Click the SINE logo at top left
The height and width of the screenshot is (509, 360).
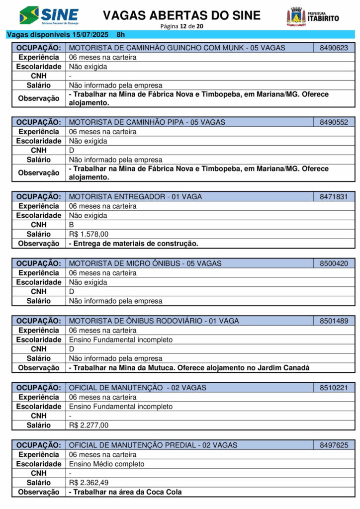(49, 15)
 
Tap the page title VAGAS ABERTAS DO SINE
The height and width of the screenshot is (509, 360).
(181, 15)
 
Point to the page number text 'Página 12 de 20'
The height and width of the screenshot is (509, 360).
(181, 26)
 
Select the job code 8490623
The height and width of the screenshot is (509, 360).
(334, 48)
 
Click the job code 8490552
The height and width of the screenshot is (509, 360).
(334, 122)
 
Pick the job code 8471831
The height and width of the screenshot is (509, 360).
(334, 197)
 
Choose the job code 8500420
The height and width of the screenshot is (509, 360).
(334, 263)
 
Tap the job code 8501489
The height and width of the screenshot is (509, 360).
(334, 321)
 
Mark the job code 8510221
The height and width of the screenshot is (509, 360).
(334, 388)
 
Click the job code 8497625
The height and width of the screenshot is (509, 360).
(334, 445)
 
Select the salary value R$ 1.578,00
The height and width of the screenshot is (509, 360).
(89, 234)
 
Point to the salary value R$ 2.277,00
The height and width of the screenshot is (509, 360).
(89, 425)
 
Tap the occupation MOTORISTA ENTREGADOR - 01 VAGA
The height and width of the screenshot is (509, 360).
(135, 197)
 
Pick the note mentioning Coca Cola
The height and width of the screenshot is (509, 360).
(125, 492)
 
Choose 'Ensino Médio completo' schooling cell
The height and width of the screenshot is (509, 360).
(106, 464)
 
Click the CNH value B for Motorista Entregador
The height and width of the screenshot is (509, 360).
(71, 225)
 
